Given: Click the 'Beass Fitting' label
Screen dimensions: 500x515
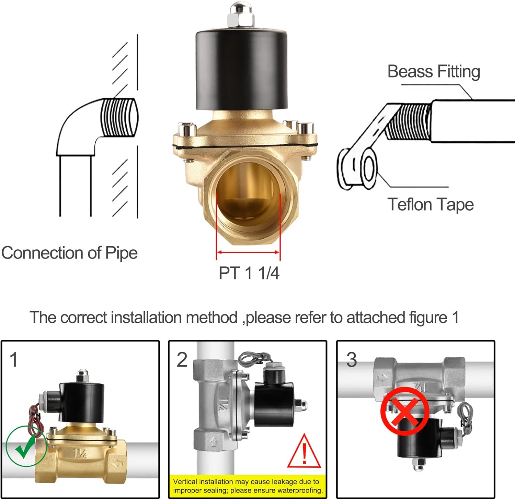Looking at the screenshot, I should pyautogui.click(x=433, y=72).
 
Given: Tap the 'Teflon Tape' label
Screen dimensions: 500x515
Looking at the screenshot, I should pyautogui.click(x=431, y=205).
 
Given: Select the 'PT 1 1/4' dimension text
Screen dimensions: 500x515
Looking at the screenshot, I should pyautogui.click(x=249, y=273).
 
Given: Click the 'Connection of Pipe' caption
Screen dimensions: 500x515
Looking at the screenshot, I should pyautogui.click(x=69, y=253).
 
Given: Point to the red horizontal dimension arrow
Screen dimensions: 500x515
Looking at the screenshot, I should pyautogui.click(x=248, y=252).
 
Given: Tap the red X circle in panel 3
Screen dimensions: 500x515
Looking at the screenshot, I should pyautogui.click(x=405, y=411).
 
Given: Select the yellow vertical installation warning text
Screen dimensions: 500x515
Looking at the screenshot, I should pyautogui.click(x=248, y=486).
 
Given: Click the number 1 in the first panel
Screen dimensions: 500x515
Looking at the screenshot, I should pyautogui.click(x=14, y=360).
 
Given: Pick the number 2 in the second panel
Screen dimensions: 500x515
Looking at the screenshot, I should pyautogui.click(x=182, y=360).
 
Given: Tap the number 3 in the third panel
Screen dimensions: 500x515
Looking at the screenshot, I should pyautogui.click(x=351, y=360).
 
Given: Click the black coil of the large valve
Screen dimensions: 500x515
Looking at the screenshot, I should pyautogui.click(x=241, y=69).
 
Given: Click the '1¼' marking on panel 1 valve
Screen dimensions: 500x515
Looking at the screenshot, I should pyautogui.click(x=80, y=453).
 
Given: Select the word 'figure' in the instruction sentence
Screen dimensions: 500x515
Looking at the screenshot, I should pyautogui.click(x=428, y=317).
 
